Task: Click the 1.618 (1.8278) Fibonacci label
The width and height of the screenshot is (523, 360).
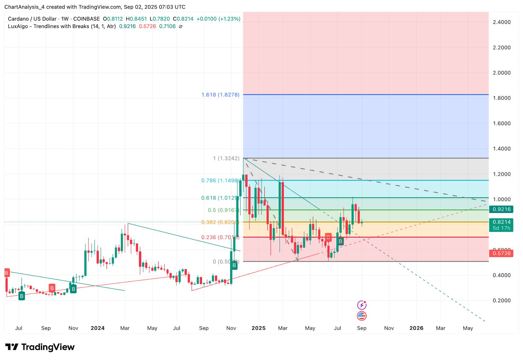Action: click(220, 95)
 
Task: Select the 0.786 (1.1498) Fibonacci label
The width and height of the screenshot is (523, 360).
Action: click(220, 180)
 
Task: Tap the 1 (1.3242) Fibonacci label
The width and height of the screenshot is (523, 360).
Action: click(226, 158)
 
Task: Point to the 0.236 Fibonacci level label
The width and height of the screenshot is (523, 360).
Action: click(220, 237)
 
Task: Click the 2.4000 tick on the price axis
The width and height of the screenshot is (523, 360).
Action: click(501, 22)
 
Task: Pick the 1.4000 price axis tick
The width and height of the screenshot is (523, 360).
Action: click(501, 149)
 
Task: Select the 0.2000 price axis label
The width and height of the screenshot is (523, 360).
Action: click(501, 301)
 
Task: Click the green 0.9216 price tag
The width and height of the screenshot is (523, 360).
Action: click(501, 209)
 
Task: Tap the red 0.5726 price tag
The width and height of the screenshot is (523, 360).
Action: click(501, 253)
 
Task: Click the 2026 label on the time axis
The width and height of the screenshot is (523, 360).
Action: click(416, 328)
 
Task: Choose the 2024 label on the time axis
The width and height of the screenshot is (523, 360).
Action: click(97, 328)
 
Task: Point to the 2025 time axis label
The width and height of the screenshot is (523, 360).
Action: click(258, 328)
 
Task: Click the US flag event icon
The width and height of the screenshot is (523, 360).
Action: click(362, 316)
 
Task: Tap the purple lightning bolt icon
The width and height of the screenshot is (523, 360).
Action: click(362, 305)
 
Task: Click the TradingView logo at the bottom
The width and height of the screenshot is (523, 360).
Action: click(40, 347)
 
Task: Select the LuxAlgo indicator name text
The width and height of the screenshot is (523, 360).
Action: click(62, 26)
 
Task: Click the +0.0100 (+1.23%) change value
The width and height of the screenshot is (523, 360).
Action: click(218, 19)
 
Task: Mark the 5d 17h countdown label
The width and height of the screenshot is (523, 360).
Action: click(501, 228)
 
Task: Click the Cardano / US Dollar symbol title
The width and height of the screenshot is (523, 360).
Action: click(32, 19)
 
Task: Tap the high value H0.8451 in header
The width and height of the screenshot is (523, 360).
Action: click(136, 19)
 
